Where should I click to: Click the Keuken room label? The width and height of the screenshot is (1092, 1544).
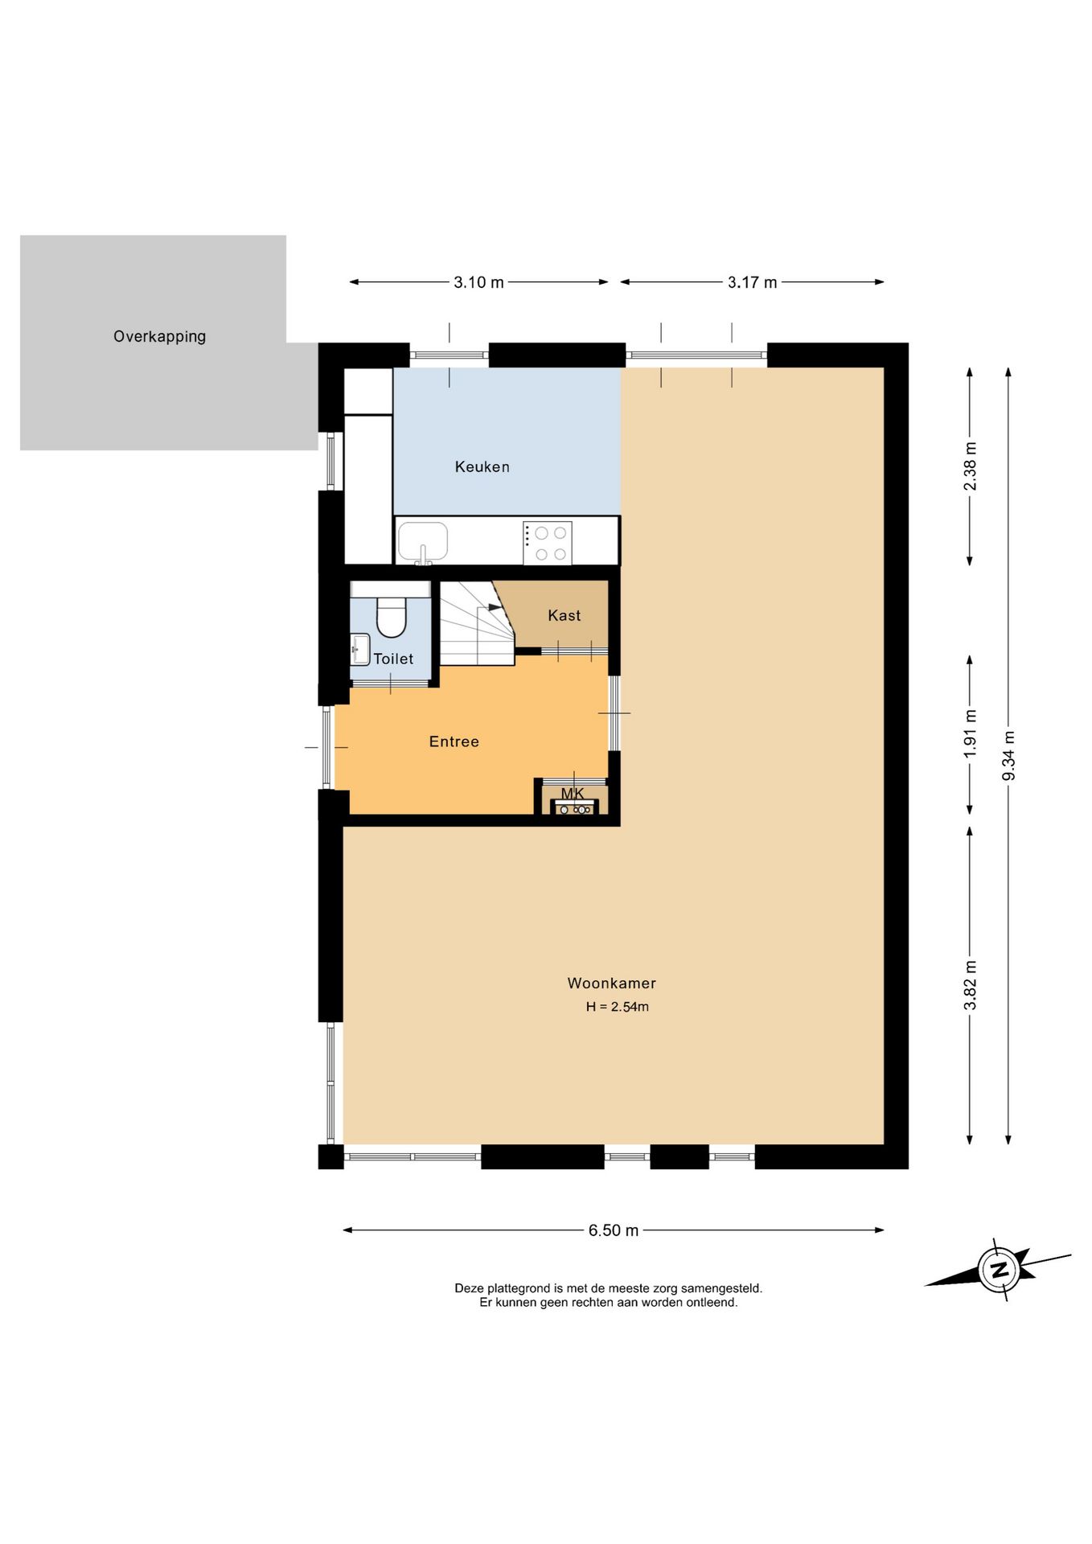click(482, 466)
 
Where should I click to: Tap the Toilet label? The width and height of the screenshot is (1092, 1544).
click(393, 659)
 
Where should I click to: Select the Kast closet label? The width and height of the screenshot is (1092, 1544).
click(564, 615)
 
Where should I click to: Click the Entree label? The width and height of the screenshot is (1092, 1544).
click(454, 741)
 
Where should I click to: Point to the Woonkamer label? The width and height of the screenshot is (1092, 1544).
click(611, 983)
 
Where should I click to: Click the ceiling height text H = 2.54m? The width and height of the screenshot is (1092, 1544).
click(617, 1006)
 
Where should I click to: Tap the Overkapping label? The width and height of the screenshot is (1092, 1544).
click(159, 336)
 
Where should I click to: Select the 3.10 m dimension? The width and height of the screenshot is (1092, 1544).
click(478, 282)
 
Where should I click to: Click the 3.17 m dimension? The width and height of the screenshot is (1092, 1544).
click(752, 282)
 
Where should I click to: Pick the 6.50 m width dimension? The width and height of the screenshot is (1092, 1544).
click(614, 1230)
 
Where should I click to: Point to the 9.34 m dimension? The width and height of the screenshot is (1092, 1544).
click(1008, 755)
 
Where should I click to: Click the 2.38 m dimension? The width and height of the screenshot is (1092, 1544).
click(970, 466)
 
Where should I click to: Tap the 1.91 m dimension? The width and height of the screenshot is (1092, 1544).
click(970, 733)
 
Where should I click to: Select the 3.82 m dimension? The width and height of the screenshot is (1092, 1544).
click(970, 985)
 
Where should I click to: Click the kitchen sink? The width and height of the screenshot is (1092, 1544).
click(423, 542)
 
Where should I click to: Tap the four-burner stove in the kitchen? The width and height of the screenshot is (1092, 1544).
click(547, 543)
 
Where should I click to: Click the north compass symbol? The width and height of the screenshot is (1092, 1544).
click(1000, 1270)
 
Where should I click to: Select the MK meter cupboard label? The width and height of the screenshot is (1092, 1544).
click(573, 794)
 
